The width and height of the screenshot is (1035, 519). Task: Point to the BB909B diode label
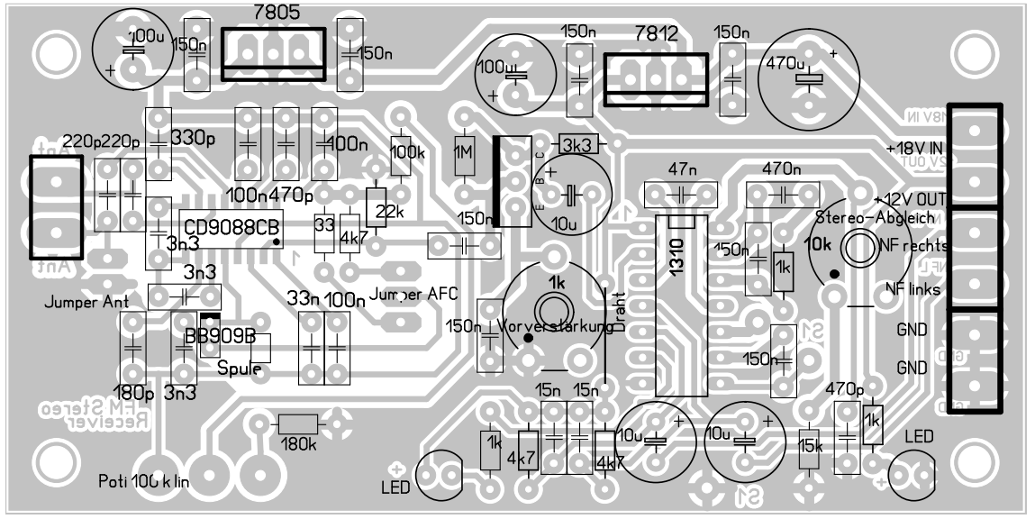pos(220,336)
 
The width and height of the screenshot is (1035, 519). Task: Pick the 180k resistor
pos(298,424)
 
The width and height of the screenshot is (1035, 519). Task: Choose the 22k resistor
pos(377,208)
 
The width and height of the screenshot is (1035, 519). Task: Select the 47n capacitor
pos(681,193)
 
